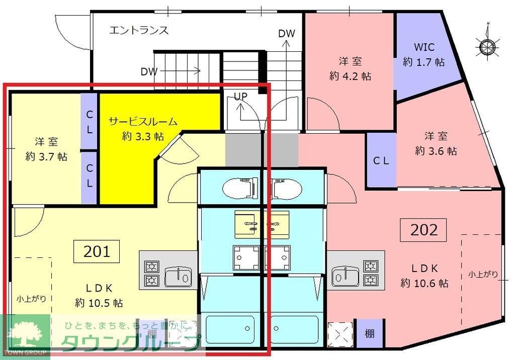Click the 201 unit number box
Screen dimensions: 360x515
click(x=97, y=251)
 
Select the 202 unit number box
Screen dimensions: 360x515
click(x=424, y=230)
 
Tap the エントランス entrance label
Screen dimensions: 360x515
click(x=139, y=30)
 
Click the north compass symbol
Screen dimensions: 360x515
click(x=486, y=46)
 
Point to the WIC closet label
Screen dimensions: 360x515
click(x=423, y=48)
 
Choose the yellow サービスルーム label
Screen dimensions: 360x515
click(x=143, y=121)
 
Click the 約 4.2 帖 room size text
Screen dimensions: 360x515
click(x=350, y=76)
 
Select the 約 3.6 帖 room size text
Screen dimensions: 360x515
click(x=436, y=151)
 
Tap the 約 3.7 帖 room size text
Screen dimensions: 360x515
click(x=46, y=156)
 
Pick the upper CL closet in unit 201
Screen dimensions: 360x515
click(x=89, y=121)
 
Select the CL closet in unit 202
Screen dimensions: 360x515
click(x=380, y=161)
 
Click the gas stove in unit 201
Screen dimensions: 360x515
click(x=152, y=274)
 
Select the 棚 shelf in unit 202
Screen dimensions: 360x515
click(x=369, y=333)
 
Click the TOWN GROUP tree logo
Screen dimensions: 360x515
click(x=25, y=333)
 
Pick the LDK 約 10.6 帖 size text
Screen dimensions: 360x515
click(x=424, y=283)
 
